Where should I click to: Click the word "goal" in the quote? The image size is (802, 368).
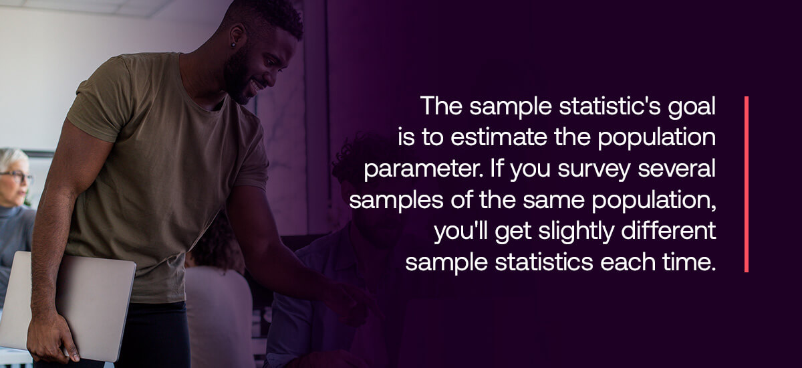coord(691,107)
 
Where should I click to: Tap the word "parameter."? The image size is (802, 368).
coord(424,169)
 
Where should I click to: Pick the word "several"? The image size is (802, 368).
coord(676,169)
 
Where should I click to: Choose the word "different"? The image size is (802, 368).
coord(669,230)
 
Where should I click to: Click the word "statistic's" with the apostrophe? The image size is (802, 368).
coord(609,106)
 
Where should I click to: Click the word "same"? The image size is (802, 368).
coord(553,200)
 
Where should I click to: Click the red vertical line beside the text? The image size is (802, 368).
coord(747,184)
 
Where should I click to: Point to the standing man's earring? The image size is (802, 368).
coord(233,45)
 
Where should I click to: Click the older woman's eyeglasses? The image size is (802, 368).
coord(18,176)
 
